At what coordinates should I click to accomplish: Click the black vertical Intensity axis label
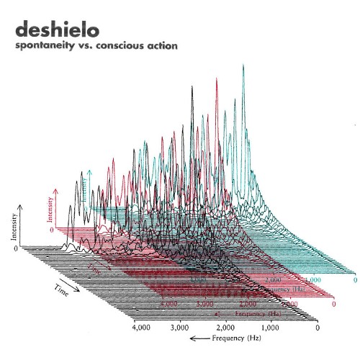coord(14,226)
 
